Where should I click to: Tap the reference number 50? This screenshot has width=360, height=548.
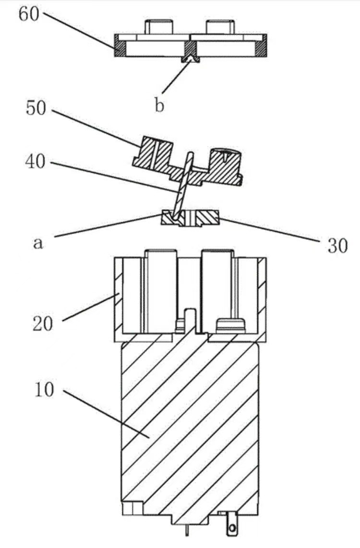click(x=36, y=109)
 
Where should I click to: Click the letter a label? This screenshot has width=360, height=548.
click(x=38, y=243)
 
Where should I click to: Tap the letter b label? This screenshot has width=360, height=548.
click(x=159, y=105)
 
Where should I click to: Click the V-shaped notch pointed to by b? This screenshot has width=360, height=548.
click(x=191, y=59)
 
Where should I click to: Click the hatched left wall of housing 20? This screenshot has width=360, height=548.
click(x=118, y=298)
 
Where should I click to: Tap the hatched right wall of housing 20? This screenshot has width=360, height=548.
click(x=262, y=298)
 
